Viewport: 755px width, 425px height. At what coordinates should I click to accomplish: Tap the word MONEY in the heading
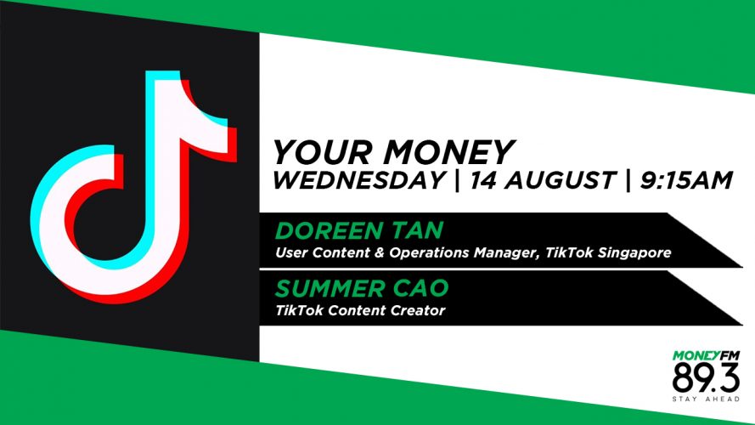point(449,152)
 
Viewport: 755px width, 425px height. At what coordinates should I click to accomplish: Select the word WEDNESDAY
point(358,180)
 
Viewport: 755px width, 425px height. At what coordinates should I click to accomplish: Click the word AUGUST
point(560,180)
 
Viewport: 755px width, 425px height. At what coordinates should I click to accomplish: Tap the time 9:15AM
point(686,180)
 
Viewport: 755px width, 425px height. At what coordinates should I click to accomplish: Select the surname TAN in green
point(417,231)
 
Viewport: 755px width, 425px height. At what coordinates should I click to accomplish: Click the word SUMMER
point(330,288)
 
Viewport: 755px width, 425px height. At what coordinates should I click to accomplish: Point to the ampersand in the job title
point(380,253)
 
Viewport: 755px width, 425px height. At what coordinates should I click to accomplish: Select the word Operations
point(430,253)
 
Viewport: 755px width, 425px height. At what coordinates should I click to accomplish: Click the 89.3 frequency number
point(706,377)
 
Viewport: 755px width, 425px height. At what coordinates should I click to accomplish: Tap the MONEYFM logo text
point(706,355)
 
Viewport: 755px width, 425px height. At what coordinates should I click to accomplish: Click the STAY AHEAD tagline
point(706,399)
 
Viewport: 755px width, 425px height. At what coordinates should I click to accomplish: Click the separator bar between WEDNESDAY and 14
point(457,180)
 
